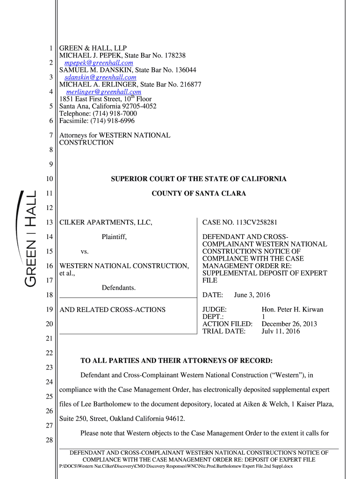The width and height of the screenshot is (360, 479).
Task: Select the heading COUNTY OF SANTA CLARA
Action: (x=199, y=193)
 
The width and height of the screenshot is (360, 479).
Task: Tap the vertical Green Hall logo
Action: (x=28, y=239)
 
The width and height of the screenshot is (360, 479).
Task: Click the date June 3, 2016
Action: (x=252, y=295)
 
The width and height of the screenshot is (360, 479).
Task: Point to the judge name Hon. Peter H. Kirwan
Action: (x=292, y=310)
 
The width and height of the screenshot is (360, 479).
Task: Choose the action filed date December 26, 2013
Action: (x=289, y=324)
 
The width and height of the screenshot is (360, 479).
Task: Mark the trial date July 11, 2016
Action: (x=281, y=331)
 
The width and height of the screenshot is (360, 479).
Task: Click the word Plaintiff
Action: (x=114, y=237)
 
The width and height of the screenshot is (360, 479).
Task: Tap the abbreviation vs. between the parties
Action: (x=85, y=252)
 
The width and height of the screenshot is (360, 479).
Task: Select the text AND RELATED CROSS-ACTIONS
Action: (x=112, y=310)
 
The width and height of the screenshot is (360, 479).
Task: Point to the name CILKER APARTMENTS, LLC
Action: (x=106, y=223)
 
